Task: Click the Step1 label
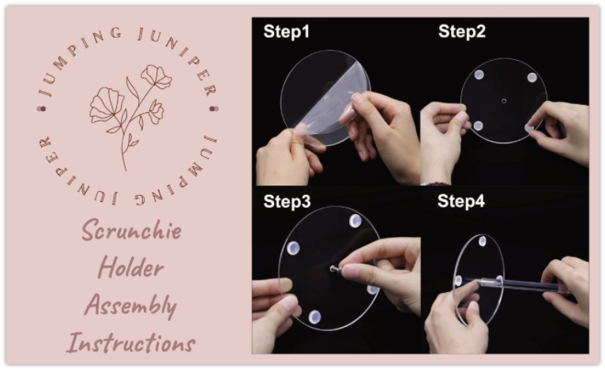click(x=286, y=32)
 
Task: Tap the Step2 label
click(x=461, y=32)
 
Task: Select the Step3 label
click(x=287, y=202)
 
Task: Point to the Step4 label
click(x=461, y=201)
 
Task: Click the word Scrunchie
click(x=132, y=230)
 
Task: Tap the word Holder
click(x=131, y=267)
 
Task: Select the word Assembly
click(x=131, y=305)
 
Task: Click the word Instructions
click(x=131, y=342)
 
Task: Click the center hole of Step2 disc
click(x=504, y=101)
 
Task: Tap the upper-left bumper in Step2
click(x=479, y=75)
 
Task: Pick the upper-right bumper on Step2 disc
click(x=532, y=77)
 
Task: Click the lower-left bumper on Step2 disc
click(x=478, y=126)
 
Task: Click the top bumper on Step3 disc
click(x=355, y=221)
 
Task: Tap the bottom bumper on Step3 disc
click(x=314, y=317)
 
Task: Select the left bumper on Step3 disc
click(x=293, y=248)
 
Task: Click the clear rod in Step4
click(x=517, y=285)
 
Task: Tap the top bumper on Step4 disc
click(x=483, y=241)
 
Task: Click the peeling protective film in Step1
click(x=330, y=101)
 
